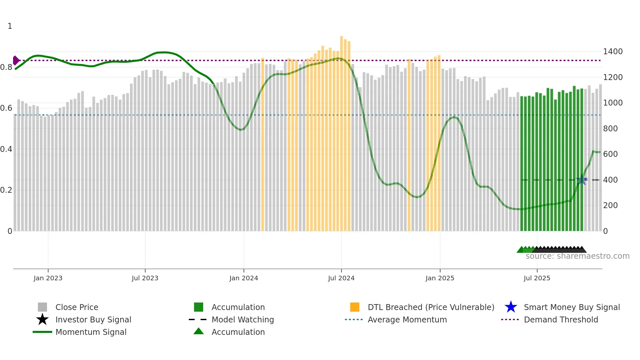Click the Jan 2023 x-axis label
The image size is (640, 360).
click(x=48, y=278)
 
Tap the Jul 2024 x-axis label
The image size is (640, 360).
click(x=341, y=278)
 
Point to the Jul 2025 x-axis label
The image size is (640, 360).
click(x=537, y=278)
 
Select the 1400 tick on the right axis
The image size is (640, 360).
click(x=613, y=52)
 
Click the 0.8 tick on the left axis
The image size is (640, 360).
click(x=6, y=67)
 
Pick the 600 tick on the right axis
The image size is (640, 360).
click(x=610, y=154)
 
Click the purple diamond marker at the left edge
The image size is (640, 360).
click(x=16, y=60)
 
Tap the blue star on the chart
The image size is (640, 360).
click(x=582, y=180)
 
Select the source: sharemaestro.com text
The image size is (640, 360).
click(x=577, y=256)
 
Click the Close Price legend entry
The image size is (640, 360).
click(x=76, y=307)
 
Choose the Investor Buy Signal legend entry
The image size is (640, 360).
click(x=93, y=319)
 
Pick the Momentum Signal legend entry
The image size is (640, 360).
click(x=91, y=332)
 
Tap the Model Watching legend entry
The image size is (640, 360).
click(x=242, y=319)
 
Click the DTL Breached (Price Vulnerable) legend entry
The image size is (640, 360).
click(x=431, y=307)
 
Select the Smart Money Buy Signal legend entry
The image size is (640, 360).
click(x=571, y=307)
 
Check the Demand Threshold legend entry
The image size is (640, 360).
click(x=561, y=319)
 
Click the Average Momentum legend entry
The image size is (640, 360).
click(x=407, y=319)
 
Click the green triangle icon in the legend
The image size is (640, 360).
click(x=199, y=331)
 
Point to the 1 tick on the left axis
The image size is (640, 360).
click(x=10, y=26)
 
